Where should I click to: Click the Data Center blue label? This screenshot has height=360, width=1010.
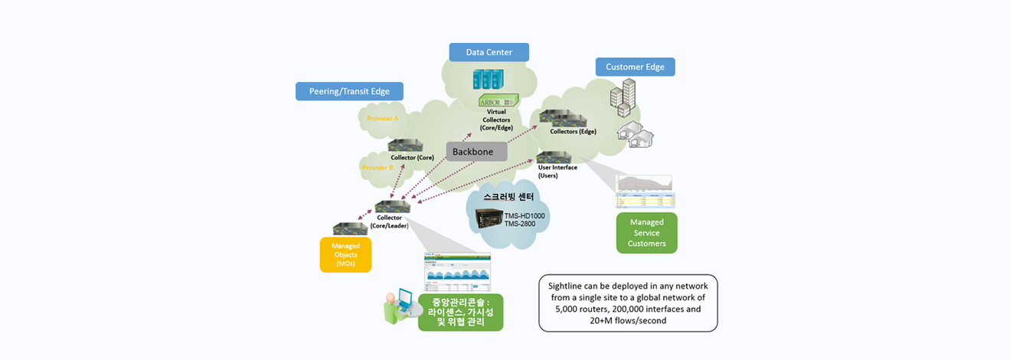pos(489,52)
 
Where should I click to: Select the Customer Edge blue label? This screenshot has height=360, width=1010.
pos(635,67)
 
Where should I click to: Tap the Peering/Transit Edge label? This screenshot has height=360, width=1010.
pos(349,91)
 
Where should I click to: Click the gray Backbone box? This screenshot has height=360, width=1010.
pos(476,152)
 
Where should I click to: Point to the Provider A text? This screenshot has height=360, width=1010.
pos(383,119)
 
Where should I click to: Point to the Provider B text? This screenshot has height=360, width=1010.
pos(378,167)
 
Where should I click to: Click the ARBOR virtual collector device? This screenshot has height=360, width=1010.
pos(498,100)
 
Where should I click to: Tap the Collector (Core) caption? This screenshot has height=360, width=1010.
pos(412,158)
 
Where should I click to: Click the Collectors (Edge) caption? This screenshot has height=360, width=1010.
pos(573,132)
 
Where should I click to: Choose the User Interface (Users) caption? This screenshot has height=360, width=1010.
pos(557,171)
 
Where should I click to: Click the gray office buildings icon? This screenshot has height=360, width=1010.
pos(623,98)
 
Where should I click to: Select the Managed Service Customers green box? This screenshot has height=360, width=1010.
pos(646,233)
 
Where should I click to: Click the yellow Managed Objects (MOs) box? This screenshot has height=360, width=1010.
pos(345,254)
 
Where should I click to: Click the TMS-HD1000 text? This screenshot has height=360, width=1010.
pos(525,216)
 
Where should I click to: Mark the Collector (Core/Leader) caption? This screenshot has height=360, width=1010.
pos(390,222)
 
